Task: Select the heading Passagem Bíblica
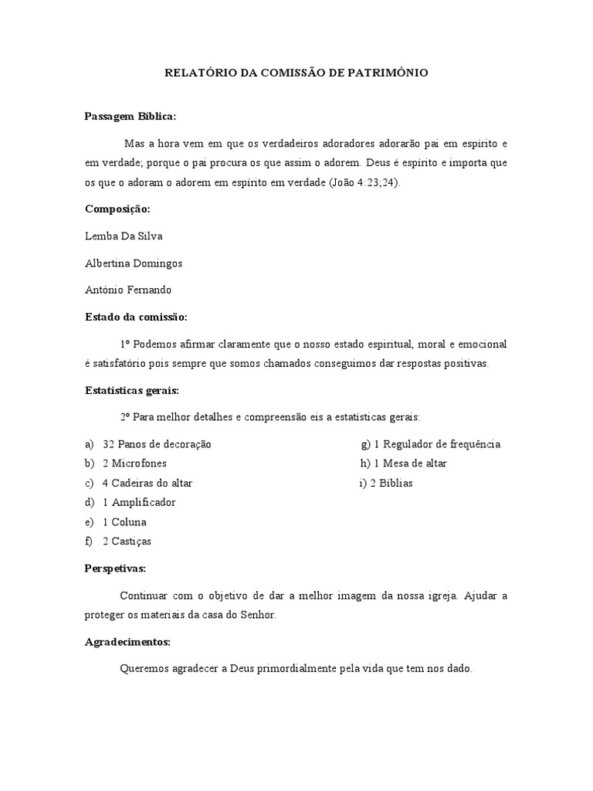[x=130, y=116]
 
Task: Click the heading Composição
[x=117, y=209]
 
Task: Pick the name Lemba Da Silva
[x=124, y=236]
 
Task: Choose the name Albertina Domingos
[x=134, y=263]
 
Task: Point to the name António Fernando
[x=127, y=290]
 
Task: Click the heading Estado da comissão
[x=136, y=317]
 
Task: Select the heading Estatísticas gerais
[x=131, y=390]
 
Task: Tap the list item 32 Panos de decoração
[x=157, y=444]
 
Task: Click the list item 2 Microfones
[x=134, y=463]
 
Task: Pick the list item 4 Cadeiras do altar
[x=147, y=483]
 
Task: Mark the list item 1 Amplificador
[x=139, y=502]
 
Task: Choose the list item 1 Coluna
[x=124, y=521]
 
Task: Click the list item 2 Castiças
[x=127, y=541]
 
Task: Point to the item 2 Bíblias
[x=391, y=483]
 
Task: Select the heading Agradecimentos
[x=127, y=642]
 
